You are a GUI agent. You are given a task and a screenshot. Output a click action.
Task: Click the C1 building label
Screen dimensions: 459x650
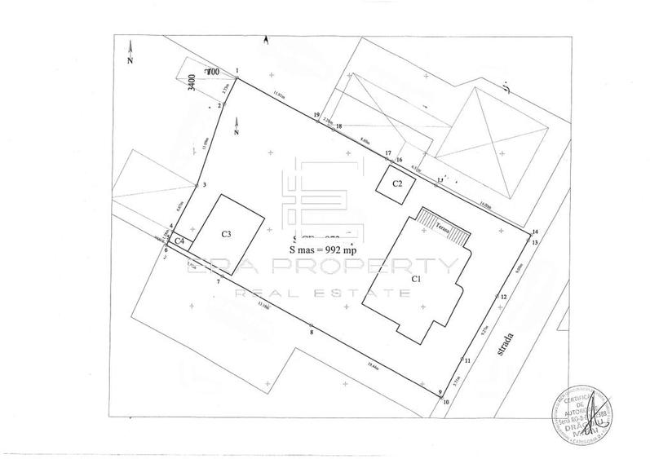coord(415,279)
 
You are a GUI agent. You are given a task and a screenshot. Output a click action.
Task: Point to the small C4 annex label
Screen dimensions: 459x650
coord(180,241)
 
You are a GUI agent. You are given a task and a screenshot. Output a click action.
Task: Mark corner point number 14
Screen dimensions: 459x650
coord(535,232)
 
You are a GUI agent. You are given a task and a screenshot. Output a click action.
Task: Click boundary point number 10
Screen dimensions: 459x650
coord(446,401)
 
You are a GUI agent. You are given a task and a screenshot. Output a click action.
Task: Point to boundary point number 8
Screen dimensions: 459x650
coord(312,332)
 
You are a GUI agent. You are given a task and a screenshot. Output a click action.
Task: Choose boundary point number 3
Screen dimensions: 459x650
coord(205,186)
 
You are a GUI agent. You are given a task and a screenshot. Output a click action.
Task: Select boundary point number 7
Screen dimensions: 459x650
coord(219,281)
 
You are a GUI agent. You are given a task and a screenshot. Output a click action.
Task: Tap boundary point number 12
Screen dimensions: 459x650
coord(504,298)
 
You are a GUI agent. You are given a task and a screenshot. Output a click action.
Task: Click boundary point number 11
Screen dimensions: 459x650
coord(467,360)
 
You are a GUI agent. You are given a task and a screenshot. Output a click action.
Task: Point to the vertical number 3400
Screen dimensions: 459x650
coord(192,85)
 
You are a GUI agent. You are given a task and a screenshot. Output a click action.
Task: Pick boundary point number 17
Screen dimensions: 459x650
coord(389,152)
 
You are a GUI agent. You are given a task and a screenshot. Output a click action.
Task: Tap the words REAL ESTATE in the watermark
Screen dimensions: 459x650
coord(325,293)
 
